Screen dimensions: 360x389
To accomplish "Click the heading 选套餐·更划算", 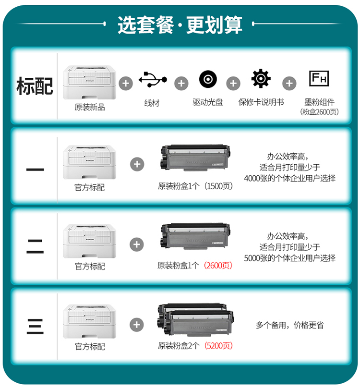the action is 180,25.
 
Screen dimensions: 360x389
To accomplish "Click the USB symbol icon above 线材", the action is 153,79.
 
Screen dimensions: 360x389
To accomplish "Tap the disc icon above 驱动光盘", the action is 208,79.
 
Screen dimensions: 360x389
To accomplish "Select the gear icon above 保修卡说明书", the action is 261,79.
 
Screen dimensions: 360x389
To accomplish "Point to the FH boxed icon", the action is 319,78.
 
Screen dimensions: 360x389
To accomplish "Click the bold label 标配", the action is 35,86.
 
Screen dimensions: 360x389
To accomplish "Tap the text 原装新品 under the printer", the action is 90,107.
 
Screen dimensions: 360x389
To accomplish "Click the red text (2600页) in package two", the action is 218,266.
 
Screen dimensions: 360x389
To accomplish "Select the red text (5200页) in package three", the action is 218,346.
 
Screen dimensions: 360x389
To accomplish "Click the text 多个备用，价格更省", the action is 289,325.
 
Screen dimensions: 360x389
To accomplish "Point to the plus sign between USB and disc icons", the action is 181,83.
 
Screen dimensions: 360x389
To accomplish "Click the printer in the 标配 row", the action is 89,83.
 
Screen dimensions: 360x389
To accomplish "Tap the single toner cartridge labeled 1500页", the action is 195,158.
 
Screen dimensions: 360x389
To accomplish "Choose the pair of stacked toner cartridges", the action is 196,319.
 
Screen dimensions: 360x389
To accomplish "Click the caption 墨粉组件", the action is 319,102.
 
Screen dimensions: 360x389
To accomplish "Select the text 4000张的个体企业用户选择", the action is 289,178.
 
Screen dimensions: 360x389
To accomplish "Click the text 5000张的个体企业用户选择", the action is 289,258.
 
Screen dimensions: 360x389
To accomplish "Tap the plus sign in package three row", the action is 137,325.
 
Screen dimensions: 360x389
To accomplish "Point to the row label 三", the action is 35,327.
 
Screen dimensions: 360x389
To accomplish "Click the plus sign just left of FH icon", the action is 289,83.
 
